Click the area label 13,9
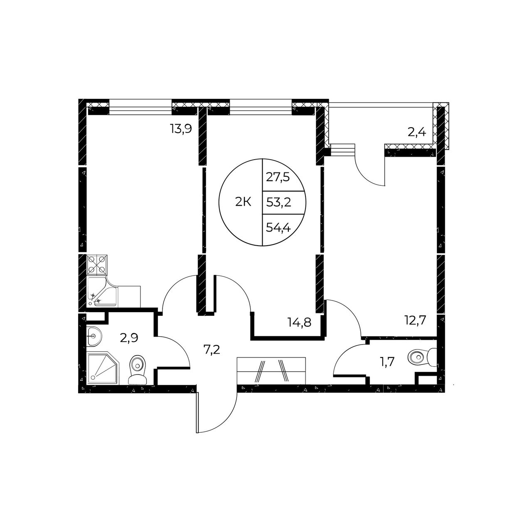pos(181,129)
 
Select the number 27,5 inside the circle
pos(278,177)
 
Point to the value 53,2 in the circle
pos(279,203)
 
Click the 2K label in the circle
pos(243,203)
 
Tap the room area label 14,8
pos(300,322)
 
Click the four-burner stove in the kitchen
pos(96,264)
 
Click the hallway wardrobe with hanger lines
pos(272,371)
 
